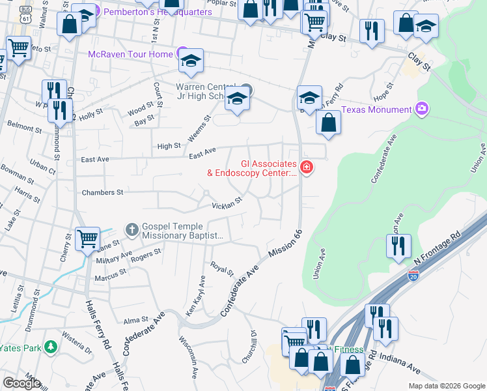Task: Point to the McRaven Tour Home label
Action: pos(130,53)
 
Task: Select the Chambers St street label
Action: pos(102,193)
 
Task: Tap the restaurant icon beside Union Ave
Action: pos(398,246)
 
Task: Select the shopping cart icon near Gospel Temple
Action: pos(87,238)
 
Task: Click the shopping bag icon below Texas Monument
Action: pos(329,123)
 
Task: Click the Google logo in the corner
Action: pos(21,383)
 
